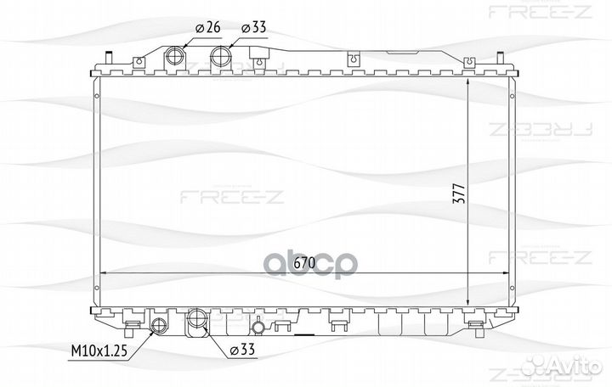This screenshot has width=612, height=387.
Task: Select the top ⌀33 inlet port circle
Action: (x=221, y=57)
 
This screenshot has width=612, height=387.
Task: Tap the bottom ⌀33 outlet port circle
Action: (x=196, y=319)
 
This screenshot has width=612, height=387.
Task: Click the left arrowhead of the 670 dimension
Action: (x=104, y=272)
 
